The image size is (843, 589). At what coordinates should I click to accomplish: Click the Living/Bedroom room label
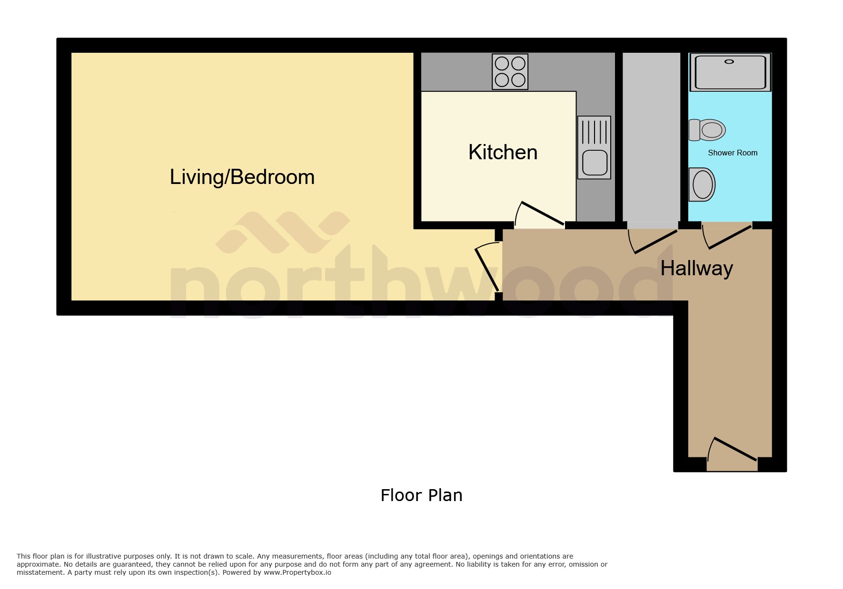tap(242, 177)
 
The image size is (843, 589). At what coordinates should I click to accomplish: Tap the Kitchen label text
tap(503, 153)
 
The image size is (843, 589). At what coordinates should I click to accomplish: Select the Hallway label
tap(696, 269)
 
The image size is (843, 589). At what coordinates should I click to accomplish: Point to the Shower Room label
tap(732, 153)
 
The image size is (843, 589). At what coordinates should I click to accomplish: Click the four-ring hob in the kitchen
tap(510, 72)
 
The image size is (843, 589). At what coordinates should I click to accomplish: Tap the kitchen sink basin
tap(595, 163)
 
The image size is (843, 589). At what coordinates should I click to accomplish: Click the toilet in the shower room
tap(708, 130)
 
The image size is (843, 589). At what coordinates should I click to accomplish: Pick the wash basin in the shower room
tap(702, 184)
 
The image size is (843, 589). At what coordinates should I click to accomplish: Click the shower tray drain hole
tap(729, 62)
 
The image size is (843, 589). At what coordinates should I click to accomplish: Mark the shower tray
tap(730, 73)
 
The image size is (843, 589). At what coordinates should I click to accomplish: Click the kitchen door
tap(543, 213)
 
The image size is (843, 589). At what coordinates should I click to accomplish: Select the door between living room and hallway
tap(487, 269)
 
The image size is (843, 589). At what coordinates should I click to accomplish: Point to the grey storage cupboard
tap(651, 138)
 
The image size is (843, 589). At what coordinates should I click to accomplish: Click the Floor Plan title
tap(421, 495)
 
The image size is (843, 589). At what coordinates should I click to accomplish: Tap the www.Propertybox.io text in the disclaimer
tap(297, 572)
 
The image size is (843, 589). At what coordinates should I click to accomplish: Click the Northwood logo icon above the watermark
tap(283, 232)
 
